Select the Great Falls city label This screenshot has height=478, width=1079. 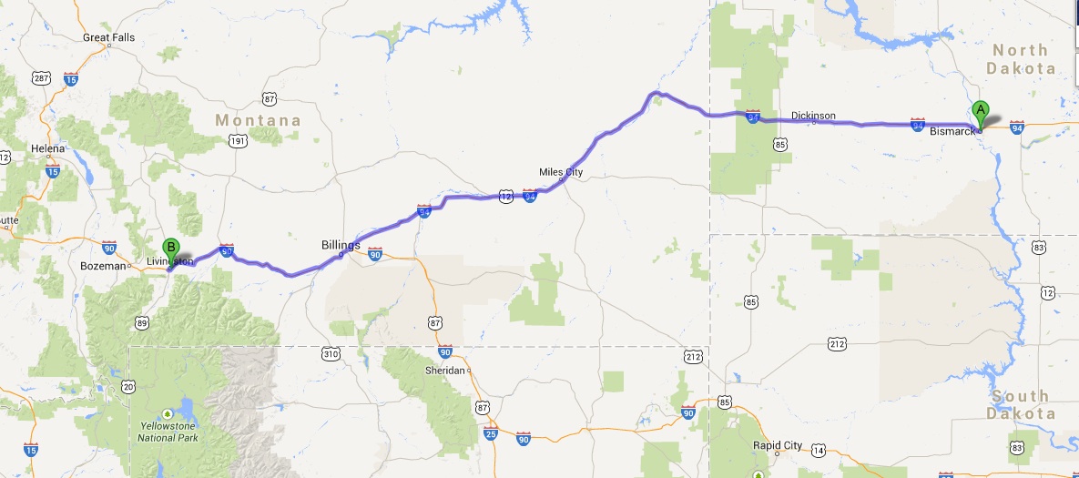click(108, 37)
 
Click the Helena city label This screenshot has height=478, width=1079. click(48, 148)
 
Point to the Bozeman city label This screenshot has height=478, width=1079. click(102, 266)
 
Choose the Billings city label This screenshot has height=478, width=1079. click(341, 246)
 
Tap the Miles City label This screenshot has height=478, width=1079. click(561, 172)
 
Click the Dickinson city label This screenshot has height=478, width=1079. click(813, 116)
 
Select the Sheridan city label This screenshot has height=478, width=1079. click(445, 371)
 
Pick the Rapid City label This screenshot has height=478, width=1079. click(778, 445)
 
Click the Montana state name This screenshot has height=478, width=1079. click(258, 120)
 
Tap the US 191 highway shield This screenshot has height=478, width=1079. click(238, 140)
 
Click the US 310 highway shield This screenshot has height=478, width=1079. click(330, 353)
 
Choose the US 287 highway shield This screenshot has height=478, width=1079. click(40, 78)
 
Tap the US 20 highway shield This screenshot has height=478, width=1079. click(129, 387)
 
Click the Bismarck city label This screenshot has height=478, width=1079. click(952, 132)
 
